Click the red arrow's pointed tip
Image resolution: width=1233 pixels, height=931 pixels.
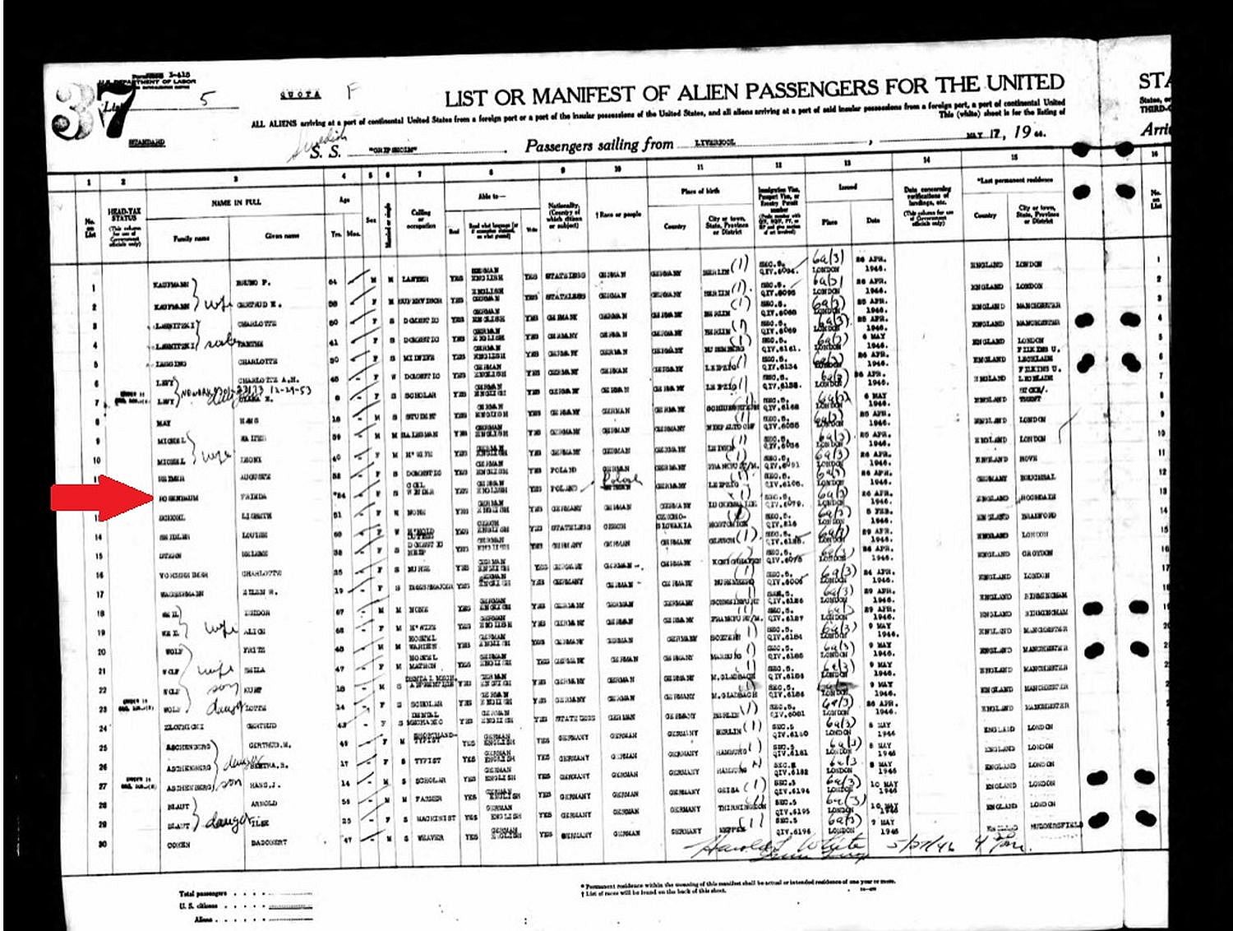tap(152, 498)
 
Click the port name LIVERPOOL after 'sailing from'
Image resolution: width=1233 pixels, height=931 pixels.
tap(714, 142)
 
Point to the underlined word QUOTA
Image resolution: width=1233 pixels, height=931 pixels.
tap(300, 95)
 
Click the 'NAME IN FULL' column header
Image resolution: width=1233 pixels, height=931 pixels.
tap(236, 201)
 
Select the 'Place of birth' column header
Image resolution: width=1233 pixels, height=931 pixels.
tap(700, 191)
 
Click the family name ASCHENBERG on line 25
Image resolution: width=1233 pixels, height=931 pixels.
tap(187, 747)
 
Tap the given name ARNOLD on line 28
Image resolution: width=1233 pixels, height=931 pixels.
tap(265, 804)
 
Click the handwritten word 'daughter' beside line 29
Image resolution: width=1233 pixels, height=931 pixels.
tap(220, 821)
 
